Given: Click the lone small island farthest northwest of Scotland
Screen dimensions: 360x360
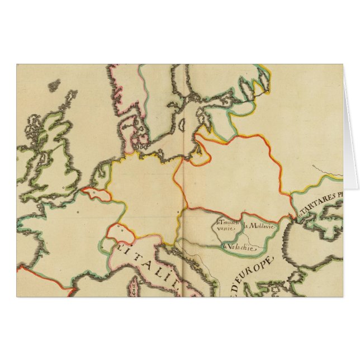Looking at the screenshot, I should tap(54, 86).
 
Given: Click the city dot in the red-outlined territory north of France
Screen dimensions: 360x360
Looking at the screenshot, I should tap(93, 192).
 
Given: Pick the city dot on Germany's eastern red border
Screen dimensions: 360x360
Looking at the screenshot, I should tap(178, 212).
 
